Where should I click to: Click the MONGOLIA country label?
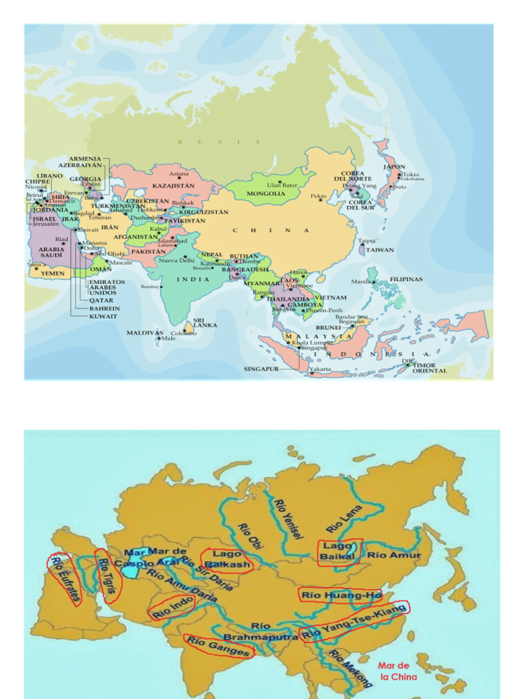266,193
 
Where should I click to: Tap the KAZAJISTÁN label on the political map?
173,185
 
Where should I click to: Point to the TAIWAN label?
380,250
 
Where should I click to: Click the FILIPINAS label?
406,279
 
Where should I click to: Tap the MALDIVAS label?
145,332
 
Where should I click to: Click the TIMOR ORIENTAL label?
429,368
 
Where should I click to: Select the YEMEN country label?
53,273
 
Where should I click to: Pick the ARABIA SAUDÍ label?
51,252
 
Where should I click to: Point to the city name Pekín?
319,196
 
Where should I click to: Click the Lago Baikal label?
338,551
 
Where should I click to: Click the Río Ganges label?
219,646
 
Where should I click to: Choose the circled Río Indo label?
173,606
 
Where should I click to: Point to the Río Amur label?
394,555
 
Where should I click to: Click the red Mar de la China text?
394,671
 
